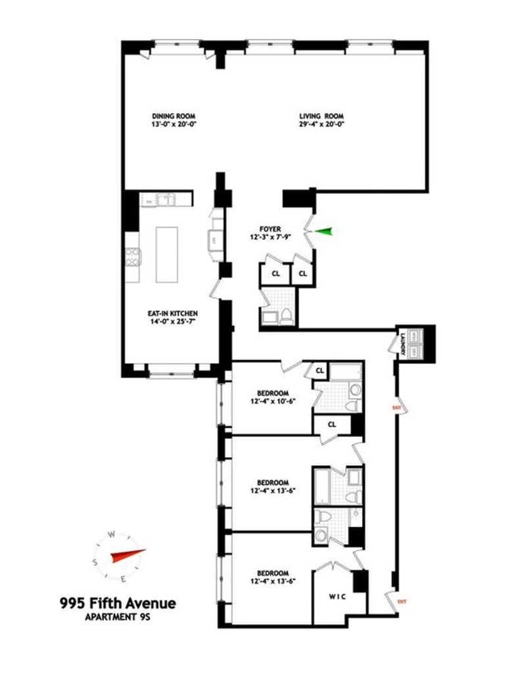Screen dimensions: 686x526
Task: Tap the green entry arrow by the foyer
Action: [323, 231]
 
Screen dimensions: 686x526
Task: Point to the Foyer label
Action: [270, 230]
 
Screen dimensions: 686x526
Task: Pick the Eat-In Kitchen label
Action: [172, 313]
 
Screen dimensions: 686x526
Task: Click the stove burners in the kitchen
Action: [132, 257]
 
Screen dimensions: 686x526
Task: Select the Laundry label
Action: [399, 341]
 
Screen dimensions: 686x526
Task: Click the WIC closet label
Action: [337, 597]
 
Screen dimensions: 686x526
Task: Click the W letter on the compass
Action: [113, 534]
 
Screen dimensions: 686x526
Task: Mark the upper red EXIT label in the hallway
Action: [396, 408]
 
